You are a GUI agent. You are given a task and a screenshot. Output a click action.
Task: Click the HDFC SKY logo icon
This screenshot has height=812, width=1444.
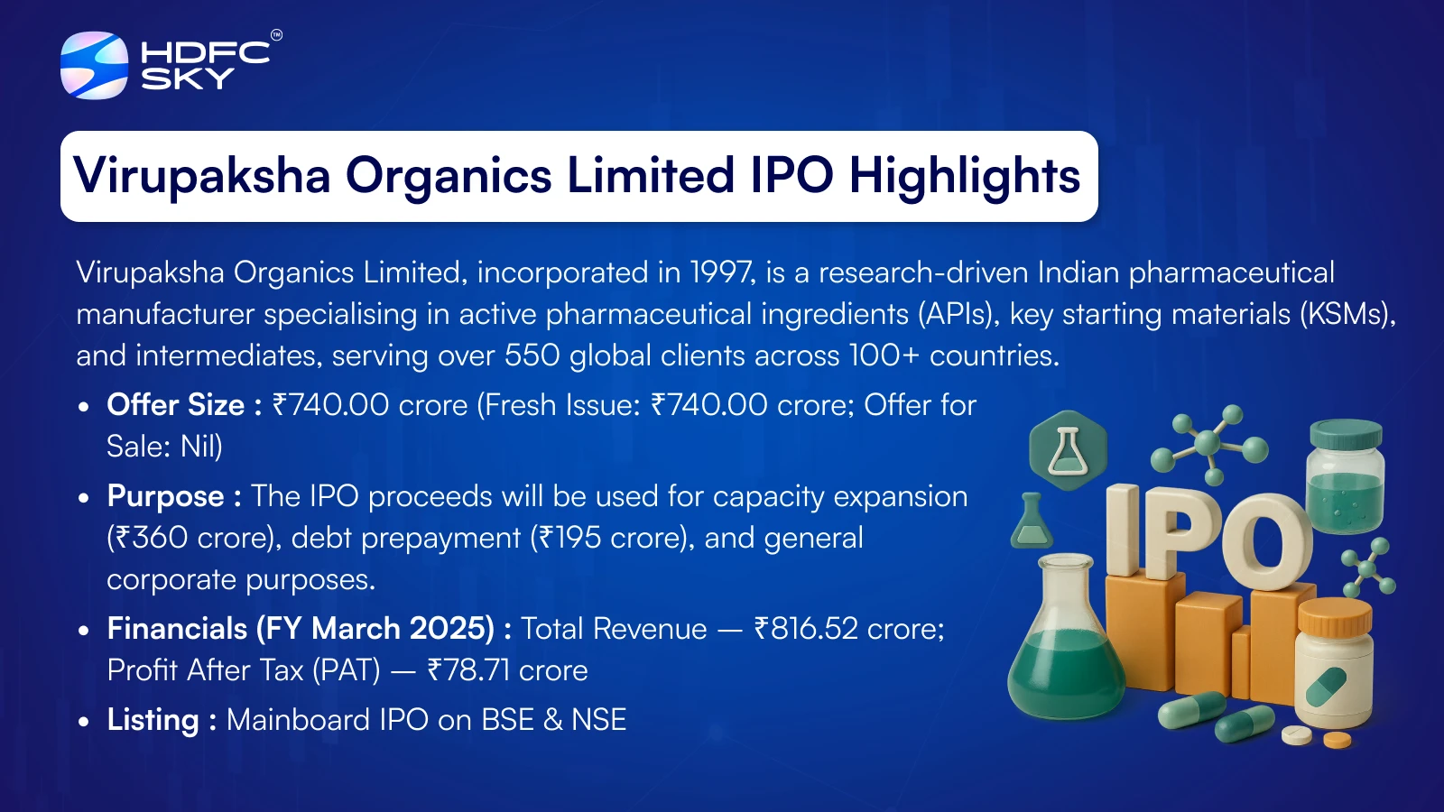click(94, 65)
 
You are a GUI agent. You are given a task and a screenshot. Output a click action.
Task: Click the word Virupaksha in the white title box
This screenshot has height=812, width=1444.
click(202, 175)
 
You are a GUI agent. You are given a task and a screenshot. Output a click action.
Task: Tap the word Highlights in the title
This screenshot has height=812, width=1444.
click(965, 175)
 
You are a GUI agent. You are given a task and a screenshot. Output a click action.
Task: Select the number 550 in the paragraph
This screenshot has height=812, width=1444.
click(532, 355)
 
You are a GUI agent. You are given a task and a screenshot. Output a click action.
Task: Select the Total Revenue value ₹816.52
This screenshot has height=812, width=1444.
click(806, 629)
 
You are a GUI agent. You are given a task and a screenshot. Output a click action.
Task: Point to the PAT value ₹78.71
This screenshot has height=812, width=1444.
click(468, 671)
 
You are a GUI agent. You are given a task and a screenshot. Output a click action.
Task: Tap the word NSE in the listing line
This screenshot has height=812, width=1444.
click(599, 721)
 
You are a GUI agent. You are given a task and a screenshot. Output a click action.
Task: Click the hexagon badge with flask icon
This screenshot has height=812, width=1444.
click(1069, 450)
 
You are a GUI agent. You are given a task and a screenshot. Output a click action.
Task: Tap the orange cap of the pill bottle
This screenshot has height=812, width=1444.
click(1335, 615)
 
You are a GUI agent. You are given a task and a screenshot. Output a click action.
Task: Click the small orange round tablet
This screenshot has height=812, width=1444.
click(1337, 740)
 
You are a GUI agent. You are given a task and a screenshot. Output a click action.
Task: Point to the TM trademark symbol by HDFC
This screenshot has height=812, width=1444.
click(276, 35)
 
